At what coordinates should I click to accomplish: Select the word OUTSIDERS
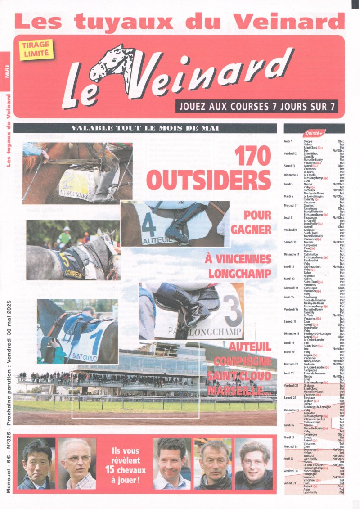coord(208,180)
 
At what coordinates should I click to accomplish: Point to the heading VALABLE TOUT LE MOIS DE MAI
coord(145,128)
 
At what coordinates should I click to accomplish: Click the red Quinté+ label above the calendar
coord(314,133)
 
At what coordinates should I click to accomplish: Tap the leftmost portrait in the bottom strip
coord(36,464)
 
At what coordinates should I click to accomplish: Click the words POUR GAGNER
coord(251,222)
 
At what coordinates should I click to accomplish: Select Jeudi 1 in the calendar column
coord(288,141)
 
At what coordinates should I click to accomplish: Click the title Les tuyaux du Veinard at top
coord(180,21)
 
